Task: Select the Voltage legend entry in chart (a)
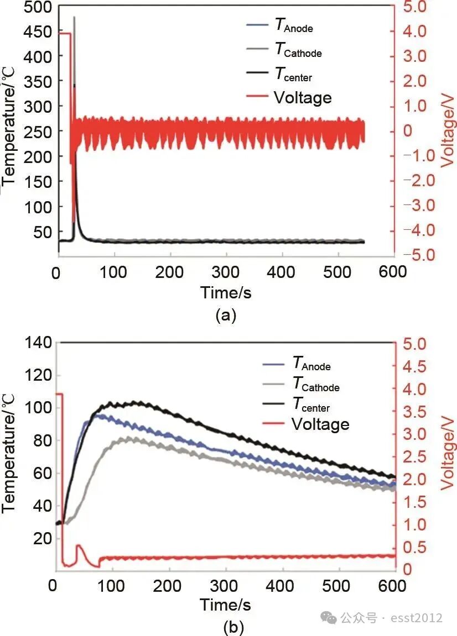click(x=302, y=98)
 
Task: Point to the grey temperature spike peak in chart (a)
click(x=74, y=18)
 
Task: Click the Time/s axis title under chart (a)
click(x=226, y=292)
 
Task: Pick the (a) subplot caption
click(x=226, y=315)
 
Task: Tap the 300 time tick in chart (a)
click(x=226, y=272)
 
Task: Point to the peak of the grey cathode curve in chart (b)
click(x=128, y=439)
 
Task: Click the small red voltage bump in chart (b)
click(x=79, y=546)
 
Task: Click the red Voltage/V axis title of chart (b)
click(x=448, y=455)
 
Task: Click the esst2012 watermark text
click(x=421, y=618)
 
